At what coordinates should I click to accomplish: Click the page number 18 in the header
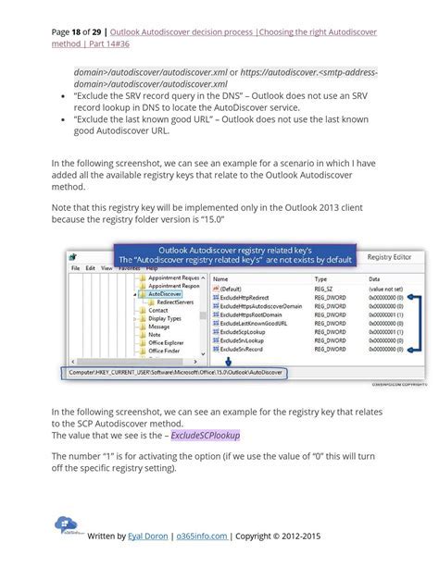pyautogui.click(x=75, y=32)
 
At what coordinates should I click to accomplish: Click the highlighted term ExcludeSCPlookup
pyautogui.click(x=205, y=435)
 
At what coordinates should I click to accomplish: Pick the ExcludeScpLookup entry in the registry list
pyautogui.click(x=243, y=332)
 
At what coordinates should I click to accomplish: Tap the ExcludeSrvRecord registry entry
pyautogui.click(x=242, y=350)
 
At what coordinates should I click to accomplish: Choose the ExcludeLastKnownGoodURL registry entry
pyautogui.click(x=253, y=324)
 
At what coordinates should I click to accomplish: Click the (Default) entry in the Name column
pyautogui.click(x=231, y=289)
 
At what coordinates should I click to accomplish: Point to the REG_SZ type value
pyautogui.click(x=324, y=289)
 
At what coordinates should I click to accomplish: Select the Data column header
pyautogui.click(x=374, y=278)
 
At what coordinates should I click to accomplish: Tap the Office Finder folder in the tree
pyautogui.click(x=165, y=351)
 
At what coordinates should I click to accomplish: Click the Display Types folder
pyautogui.click(x=165, y=319)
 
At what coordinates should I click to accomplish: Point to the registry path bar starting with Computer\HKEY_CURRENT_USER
pyautogui.click(x=176, y=373)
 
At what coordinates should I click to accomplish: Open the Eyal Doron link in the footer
pyautogui.click(x=148, y=536)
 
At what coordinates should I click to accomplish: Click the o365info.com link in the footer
pyautogui.click(x=202, y=536)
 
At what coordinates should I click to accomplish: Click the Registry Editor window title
pyautogui.click(x=389, y=257)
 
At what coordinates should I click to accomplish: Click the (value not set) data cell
pyautogui.click(x=385, y=289)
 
